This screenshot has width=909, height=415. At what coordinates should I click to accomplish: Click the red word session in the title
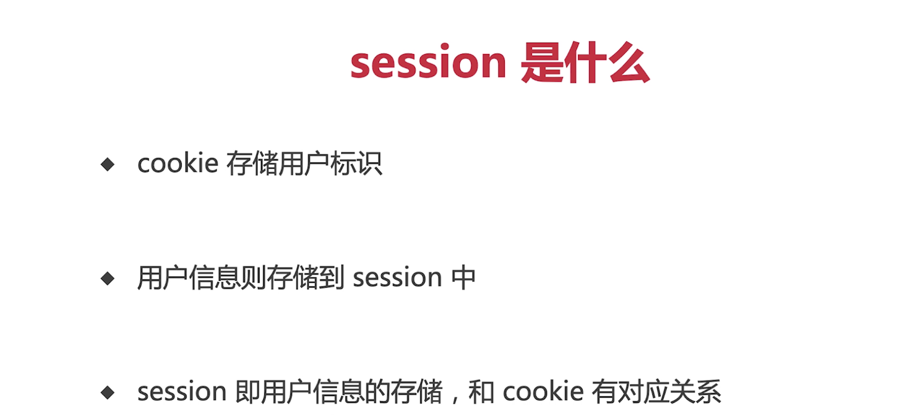tap(428, 61)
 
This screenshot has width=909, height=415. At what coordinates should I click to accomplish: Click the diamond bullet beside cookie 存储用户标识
tap(108, 165)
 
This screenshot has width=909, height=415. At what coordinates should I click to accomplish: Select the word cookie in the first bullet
tap(178, 163)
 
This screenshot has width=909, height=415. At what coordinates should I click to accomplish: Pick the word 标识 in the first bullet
tap(356, 163)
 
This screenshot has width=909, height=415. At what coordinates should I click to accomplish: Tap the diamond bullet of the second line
tap(108, 278)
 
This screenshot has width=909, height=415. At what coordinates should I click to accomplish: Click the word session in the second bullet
tap(397, 278)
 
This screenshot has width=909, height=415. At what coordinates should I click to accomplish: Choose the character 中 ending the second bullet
tap(464, 278)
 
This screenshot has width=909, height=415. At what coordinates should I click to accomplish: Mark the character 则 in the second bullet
tap(253, 278)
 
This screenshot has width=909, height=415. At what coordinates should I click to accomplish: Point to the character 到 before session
tap(331, 278)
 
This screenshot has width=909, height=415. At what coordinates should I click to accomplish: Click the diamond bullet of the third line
tap(108, 392)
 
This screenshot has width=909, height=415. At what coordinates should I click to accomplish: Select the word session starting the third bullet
tap(182, 392)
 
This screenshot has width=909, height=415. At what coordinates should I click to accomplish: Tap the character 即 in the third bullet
tap(248, 392)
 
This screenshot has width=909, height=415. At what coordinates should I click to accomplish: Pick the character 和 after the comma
tap(481, 392)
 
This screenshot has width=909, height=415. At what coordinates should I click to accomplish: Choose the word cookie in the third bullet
tap(543, 391)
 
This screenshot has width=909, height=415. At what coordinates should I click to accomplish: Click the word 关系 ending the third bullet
tap(696, 392)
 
